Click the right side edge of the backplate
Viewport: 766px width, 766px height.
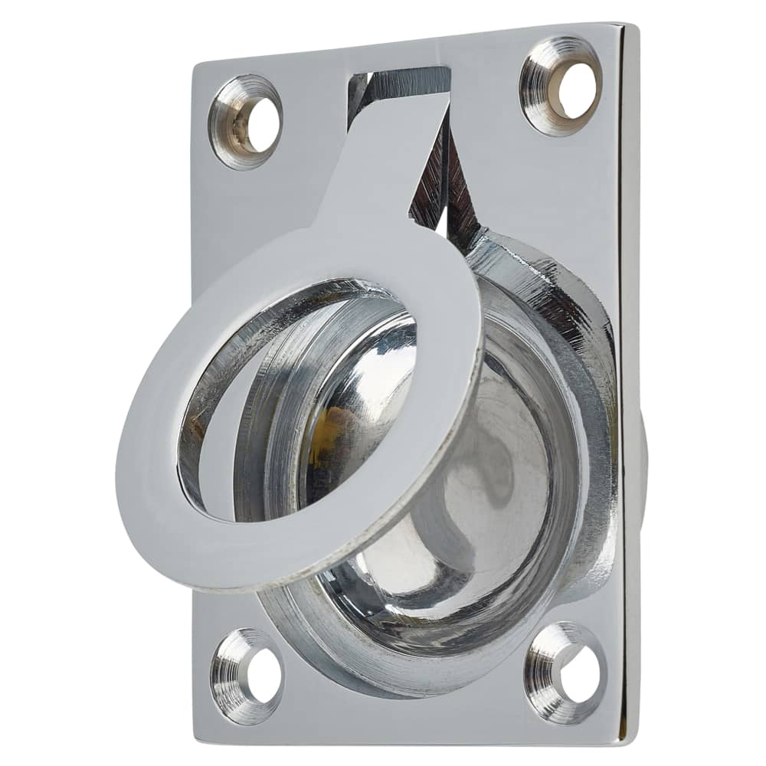630,383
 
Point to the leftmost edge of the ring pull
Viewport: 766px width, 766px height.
118,467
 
